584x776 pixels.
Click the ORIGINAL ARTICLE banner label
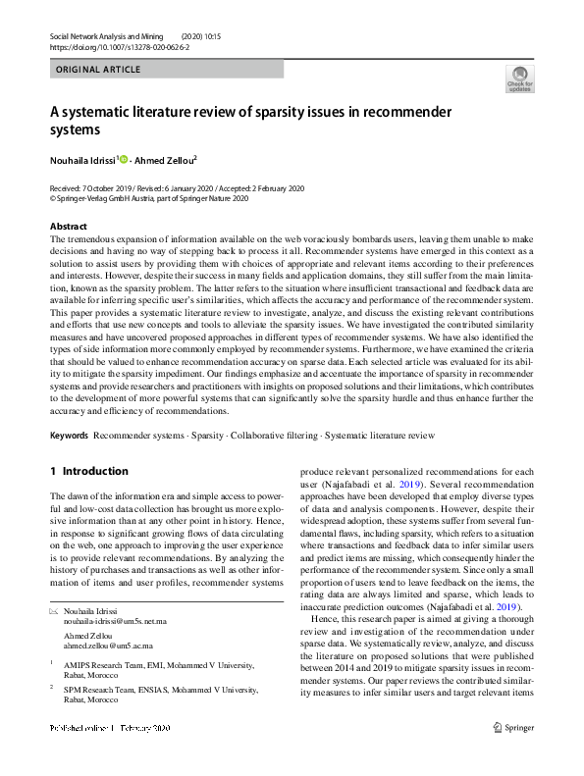pyautogui.click(x=98, y=70)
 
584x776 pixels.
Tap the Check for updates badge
pyautogui.click(x=519, y=79)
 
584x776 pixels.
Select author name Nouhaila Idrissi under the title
pyautogui.click(x=82, y=159)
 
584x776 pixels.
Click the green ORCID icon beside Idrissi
pyautogui.click(x=124, y=159)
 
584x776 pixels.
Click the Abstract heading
pyautogui.click(x=68, y=226)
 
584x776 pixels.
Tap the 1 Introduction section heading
pyautogui.click(x=89, y=471)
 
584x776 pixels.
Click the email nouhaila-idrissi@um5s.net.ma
pyautogui.click(x=115, y=622)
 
